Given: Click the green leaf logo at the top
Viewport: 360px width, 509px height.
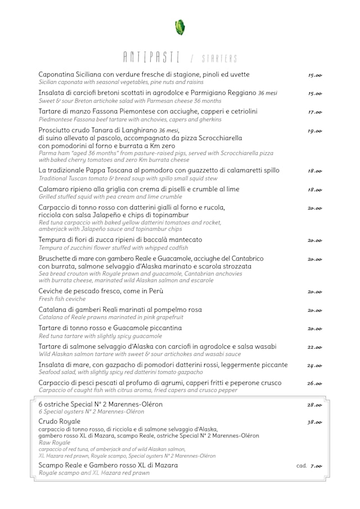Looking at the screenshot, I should [x=180, y=27].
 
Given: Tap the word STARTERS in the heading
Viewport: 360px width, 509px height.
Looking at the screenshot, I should [x=219, y=58].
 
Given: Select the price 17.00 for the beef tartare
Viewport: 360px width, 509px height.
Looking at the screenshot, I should [x=314, y=112].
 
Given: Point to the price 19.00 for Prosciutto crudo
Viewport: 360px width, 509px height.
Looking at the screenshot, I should [x=314, y=131].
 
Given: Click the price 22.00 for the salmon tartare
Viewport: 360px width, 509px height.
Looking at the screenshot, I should [x=314, y=347].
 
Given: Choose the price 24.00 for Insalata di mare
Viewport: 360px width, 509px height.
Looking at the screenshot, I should [x=314, y=366].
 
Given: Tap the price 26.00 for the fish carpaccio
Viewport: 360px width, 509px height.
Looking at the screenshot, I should [x=314, y=384].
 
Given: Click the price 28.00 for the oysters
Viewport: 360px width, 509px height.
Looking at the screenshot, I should [x=314, y=405].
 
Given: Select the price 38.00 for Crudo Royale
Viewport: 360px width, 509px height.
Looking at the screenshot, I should [x=314, y=422].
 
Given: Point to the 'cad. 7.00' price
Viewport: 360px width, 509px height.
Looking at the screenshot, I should [x=309, y=466].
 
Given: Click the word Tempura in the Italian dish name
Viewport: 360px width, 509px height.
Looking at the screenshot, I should [x=53, y=240].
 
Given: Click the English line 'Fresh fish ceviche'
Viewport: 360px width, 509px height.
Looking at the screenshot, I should [x=62, y=299].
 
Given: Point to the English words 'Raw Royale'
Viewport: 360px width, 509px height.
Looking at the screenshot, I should [x=54, y=443].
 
